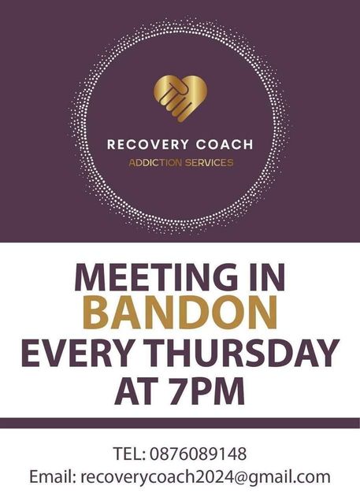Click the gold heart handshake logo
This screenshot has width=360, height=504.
point(180,98)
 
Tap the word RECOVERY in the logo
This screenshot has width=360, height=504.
point(148,144)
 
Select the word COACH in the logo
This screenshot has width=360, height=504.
point(225,144)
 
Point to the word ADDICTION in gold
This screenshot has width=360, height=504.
point(155,163)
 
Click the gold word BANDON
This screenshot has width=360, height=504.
point(180,313)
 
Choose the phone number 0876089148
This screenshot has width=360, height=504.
point(199,454)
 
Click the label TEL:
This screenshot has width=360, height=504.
point(129,454)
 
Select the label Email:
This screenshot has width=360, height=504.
point(53,476)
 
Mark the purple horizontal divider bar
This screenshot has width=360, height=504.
point(180,423)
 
